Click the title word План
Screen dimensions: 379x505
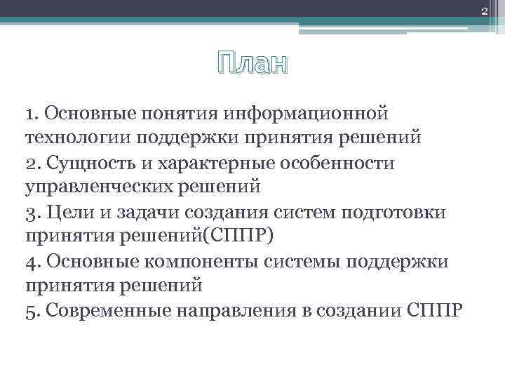tap(252, 65)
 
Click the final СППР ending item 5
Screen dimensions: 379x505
tap(434, 310)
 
